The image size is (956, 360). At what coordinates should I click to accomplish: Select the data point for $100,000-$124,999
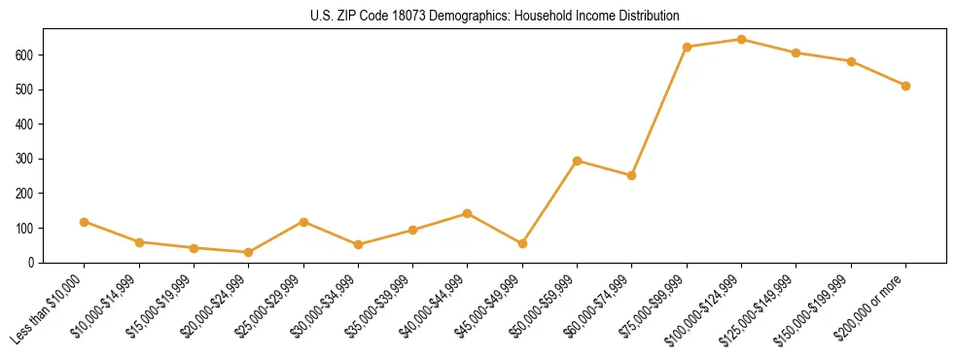[x=741, y=40]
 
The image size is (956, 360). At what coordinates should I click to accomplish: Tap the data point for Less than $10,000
[x=85, y=222]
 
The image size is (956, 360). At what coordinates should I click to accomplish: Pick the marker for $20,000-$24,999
[x=249, y=252]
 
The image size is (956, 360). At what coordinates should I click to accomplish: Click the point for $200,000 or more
[x=905, y=86]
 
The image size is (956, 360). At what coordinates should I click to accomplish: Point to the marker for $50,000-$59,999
[x=578, y=161]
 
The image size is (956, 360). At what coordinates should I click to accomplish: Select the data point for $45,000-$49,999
[x=522, y=243]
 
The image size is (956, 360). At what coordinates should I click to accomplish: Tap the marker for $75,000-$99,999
[x=687, y=47]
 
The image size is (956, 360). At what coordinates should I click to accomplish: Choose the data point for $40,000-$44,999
[x=468, y=213]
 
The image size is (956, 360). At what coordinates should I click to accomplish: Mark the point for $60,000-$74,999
[x=632, y=176]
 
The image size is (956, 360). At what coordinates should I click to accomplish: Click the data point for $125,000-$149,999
[x=797, y=53]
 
